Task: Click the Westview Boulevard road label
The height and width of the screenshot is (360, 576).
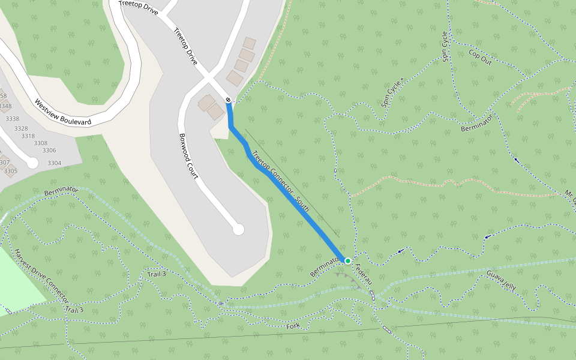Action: (62, 112)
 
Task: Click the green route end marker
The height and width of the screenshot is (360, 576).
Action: (348, 260)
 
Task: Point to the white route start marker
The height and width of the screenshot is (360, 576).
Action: (228, 100)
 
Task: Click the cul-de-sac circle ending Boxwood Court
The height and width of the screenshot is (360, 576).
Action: (238, 229)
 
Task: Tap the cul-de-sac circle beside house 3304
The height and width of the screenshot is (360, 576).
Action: (32, 163)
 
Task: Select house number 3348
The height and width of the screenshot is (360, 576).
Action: (5, 107)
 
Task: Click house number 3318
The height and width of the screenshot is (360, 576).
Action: (28, 136)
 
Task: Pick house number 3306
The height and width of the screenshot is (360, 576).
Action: (49, 151)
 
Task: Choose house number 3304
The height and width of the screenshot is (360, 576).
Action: (54, 163)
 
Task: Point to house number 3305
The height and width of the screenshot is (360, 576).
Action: (10, 171)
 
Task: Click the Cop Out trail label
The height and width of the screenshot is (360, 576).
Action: (480, 58)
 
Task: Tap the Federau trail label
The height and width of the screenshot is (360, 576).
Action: (364, 274)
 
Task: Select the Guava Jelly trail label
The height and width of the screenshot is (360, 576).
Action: (502, 279)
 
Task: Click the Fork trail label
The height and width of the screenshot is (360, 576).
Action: (293, 326)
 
